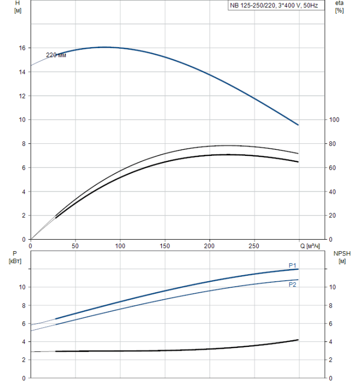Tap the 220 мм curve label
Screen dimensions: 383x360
tap(56, 55)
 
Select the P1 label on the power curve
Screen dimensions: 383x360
tap(292, 265)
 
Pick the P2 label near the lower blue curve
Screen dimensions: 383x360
tap(292, 285)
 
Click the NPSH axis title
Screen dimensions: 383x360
tap(341, 257)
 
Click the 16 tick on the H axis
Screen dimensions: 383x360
tap(22, 48)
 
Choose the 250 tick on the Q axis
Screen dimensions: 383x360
tap(254, 246)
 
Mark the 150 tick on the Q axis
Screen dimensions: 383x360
tap(165, 246)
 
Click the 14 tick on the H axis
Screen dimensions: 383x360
tap(22, 72)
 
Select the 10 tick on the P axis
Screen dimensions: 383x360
tap(22, 287)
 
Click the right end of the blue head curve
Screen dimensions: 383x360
tap(298, 125)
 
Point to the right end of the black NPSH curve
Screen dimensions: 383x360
tap(298, 340)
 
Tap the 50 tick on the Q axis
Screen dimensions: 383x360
tap(76, 246)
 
